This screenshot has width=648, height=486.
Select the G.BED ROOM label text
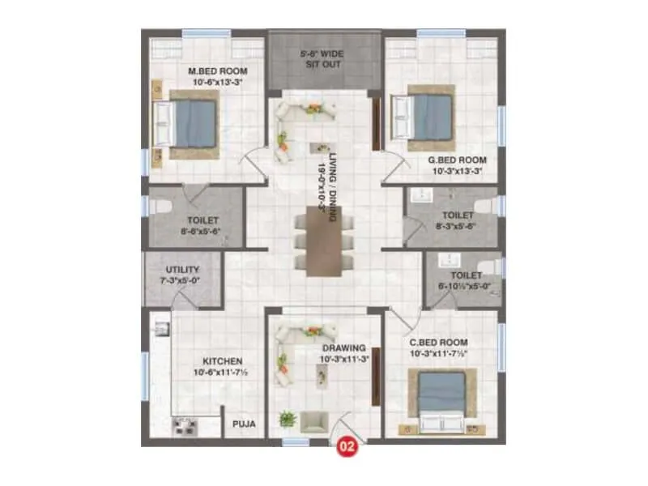[457, 160]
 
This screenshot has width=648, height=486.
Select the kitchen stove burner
[185, 427]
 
